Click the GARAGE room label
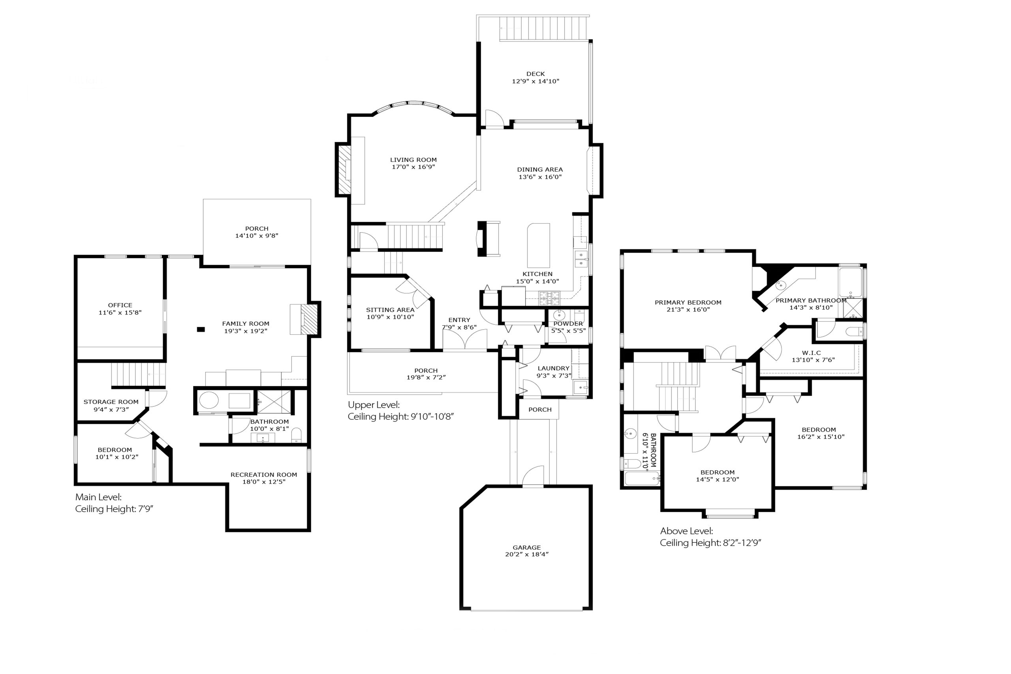pos(526,547)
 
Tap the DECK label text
pos(536,74)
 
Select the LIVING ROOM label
pos(413,160)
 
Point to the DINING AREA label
pos(540,169)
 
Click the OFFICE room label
pos(120,305)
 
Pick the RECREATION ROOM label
pos(264,475)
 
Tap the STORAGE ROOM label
pos(111,402)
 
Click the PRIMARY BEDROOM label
pos(688,302)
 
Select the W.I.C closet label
pos(812,353)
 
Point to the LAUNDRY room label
pos(554,368)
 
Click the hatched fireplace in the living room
pos(344,170)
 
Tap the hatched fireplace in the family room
pos(309,319)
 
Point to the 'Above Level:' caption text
pos(686,531)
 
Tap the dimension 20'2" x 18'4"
pos(527,554)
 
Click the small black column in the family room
pos(201,330)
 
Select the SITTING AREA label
pos(390,310)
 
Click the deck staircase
pos(544,28)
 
